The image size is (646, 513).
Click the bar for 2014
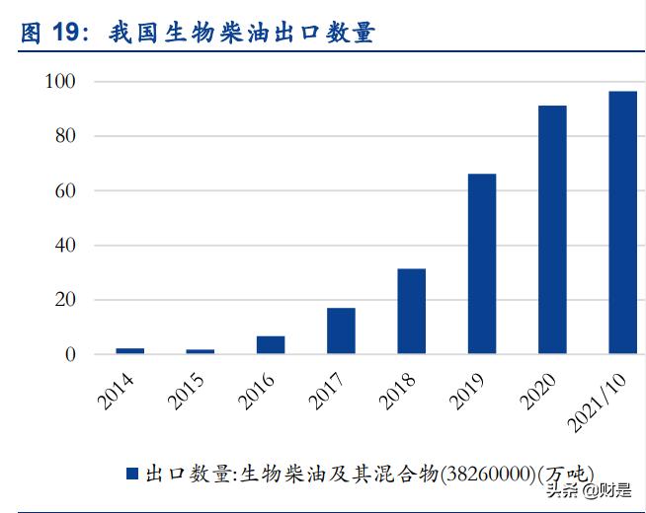(129, 350)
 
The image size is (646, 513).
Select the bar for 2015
(201, 350)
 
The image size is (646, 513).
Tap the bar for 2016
(271, 344)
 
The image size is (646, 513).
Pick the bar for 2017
(341, 330)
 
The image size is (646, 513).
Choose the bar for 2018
(411, 311)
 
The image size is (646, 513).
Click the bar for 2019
(482, 263)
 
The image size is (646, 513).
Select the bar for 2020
(552, 229)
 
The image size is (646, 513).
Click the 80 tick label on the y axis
(65, 135)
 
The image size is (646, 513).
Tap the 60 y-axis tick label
(65, 190)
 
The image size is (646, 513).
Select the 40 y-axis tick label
(65, 245)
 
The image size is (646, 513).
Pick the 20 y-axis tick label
(65, 300)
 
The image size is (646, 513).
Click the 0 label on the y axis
(70, 354)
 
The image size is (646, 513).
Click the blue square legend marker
(131, 474)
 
